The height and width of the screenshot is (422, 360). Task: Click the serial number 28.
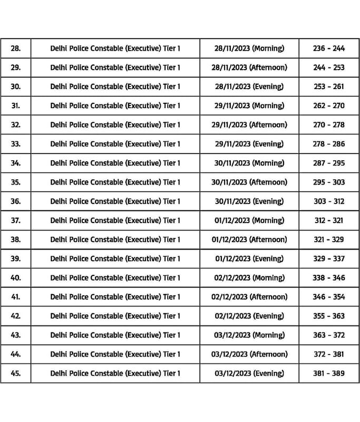16,49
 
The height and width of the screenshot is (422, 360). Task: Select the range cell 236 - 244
329,49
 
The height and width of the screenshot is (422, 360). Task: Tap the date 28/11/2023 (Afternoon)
249,68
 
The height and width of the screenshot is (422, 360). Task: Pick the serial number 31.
16,105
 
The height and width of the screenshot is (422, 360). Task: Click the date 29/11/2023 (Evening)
249,144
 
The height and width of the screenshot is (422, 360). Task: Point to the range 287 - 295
329,163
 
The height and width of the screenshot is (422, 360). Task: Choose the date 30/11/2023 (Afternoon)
249,182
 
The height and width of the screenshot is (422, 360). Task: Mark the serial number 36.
16,202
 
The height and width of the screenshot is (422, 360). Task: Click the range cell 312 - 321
329,220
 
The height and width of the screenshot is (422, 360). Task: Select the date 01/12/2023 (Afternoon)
249,239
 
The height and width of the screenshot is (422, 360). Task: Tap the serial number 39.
16,258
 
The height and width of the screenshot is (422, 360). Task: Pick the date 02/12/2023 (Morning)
249,278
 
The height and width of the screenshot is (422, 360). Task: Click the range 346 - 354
329,297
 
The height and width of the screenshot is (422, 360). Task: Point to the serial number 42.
16,316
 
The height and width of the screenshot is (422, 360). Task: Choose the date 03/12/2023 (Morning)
249,335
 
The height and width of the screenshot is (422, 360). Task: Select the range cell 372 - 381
329,354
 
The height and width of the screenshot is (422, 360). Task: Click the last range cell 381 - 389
329,373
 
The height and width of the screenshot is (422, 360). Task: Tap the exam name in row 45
115,373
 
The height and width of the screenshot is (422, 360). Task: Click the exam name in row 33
115,144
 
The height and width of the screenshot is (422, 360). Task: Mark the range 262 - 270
329,105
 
